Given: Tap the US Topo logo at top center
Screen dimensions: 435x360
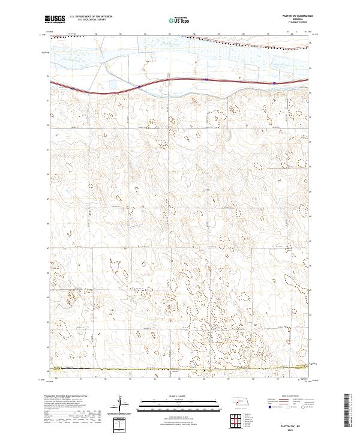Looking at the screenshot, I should coord(180,20).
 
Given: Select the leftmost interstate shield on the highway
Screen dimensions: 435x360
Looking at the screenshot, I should coord(73,88).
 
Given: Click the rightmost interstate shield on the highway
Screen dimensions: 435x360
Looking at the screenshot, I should coord(274,83).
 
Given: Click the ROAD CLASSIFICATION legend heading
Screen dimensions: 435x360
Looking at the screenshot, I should coord(289,395).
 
